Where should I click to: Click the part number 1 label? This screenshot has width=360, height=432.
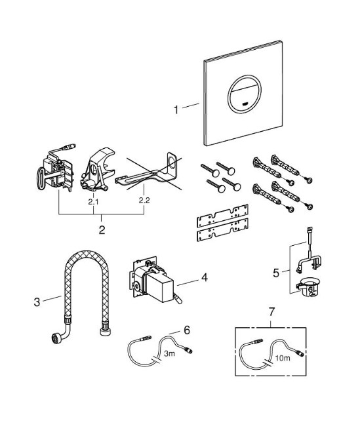(176, 109)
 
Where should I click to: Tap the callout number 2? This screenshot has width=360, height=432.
(102, 229)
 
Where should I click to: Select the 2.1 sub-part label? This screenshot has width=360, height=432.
(94, 201)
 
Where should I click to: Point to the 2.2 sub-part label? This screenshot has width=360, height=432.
(144, 201)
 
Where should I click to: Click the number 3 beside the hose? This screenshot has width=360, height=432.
(37, 302)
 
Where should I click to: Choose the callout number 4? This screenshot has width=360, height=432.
(204, 277)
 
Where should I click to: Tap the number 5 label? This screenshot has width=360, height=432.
(276, 273)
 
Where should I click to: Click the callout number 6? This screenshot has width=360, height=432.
(187, 330)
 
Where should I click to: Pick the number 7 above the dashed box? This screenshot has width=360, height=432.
(271, 312)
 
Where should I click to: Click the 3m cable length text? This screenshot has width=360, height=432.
(169, 353)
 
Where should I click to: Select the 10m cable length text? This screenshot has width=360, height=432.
(283, 358)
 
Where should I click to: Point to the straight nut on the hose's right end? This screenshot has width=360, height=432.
(105, 330)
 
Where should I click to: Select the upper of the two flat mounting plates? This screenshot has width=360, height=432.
(222, 216)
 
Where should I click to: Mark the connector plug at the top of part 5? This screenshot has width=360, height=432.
(310, 229)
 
